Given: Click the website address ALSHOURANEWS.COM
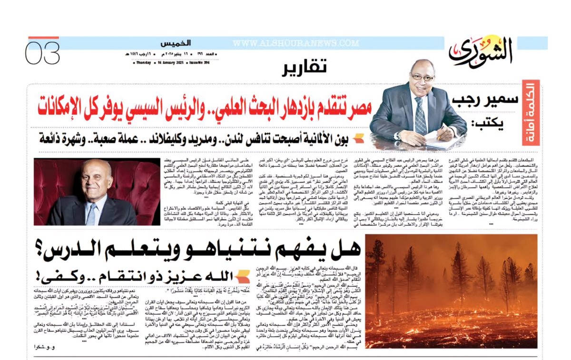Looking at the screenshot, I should click(296, 43).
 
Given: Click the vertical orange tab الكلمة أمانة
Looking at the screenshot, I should click(531, 112).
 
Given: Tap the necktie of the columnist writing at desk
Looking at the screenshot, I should click(420, 114).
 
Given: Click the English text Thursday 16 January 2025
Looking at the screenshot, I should click(158, 62).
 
